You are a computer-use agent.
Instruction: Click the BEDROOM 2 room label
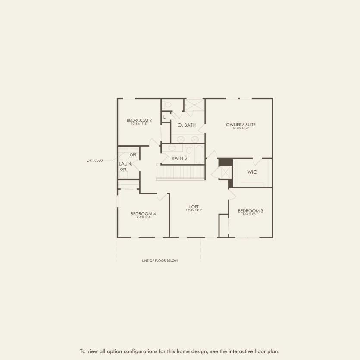point(139,120)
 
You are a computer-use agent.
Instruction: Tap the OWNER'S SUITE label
point(241,125)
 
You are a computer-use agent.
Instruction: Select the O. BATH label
point(187,125)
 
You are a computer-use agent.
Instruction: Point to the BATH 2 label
point(179,158)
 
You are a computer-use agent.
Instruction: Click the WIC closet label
point(252,172)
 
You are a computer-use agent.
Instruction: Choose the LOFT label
point(194,206)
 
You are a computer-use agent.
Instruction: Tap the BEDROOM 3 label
point(250,210)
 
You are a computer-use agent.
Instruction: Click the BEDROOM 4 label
point(143,213)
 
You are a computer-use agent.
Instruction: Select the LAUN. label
point(125,164)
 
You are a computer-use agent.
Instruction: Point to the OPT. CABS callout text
point(95,161)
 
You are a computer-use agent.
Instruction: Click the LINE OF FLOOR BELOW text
point(160,260)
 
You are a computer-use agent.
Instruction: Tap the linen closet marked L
point(164,117)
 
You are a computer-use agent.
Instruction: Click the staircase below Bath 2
point(180,172)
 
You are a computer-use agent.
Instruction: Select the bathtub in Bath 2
point(199,154)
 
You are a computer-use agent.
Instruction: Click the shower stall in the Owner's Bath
point(194,105)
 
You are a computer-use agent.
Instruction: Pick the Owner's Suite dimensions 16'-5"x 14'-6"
point(241,128)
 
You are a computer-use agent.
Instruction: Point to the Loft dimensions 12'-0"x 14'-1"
point(194,210)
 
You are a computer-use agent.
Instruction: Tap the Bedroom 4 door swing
point(163,197)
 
